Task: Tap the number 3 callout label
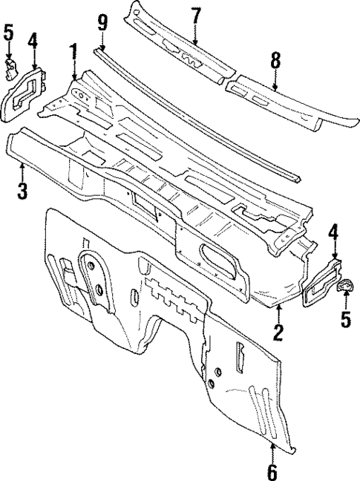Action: pos(22,190)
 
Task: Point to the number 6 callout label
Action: pos(272,471)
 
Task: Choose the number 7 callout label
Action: pos(195,14)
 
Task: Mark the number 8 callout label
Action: pos(275,62)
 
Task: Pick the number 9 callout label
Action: pos(103,23)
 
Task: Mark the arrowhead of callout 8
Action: pos(275,90)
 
